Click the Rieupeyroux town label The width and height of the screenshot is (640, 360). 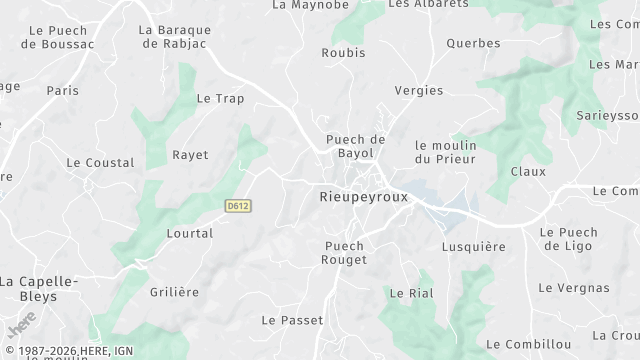[x=364, y=197]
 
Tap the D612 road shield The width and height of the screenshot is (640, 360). [x=237, y=206]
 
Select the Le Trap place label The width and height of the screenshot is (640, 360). [x=220, y=98]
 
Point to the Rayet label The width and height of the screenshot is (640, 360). [x=190, y=155]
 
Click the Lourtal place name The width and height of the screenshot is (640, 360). [x=192, y=233]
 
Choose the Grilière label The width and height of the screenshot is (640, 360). [x=174, y=292]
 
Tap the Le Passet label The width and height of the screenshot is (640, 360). [x=292, y=320]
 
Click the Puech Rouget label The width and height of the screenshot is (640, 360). [x=346, y=253]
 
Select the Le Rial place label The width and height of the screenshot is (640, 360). [x=410, y=293]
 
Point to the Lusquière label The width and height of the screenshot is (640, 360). [x=467, y=245]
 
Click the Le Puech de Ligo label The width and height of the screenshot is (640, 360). [x=568, y=239]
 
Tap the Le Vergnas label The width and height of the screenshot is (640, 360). [x=573, y=288]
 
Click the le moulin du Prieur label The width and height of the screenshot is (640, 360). [x=445, y=152]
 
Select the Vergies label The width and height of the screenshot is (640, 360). [x=419, y=90]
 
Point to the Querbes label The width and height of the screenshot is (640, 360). [x=446, y=43]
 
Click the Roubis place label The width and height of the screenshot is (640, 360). [x=343, y=52]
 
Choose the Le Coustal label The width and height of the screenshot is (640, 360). [x=100, y=162]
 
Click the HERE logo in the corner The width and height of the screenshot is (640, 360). [x=21, y=327]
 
